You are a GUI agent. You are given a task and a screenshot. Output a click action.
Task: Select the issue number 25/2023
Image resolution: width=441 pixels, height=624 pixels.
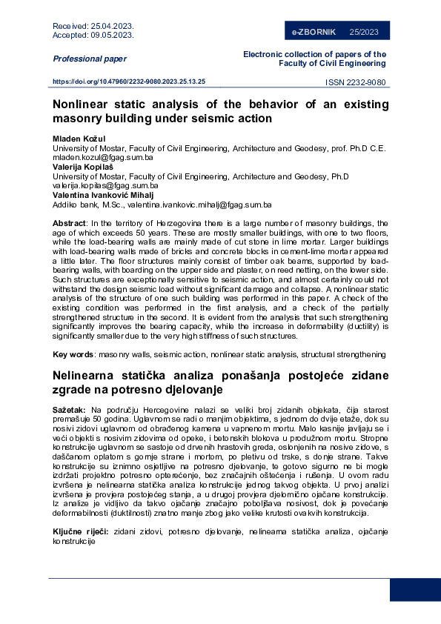point(364,32)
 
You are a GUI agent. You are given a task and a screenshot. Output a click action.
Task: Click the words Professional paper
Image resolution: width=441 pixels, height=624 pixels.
point(90,59)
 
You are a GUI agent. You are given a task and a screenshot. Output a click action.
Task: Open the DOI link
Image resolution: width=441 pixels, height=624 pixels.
point(129,82)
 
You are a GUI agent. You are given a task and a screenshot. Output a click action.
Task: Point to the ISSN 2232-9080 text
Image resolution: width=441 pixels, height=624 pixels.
point(357,83)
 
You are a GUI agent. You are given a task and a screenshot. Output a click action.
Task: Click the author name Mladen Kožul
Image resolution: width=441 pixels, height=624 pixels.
point(79,139)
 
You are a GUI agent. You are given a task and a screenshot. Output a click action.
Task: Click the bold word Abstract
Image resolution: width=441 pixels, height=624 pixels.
point(69,223)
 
